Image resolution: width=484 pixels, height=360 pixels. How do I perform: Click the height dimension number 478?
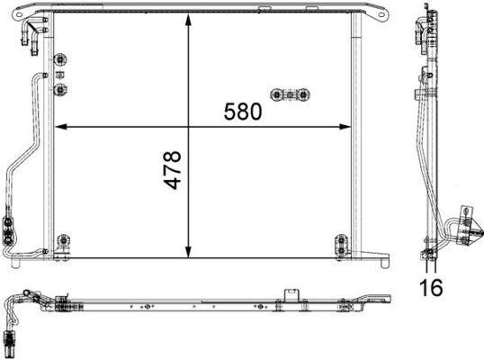click(172, 169)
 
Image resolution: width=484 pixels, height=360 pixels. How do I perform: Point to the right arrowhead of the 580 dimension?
click(347, 125)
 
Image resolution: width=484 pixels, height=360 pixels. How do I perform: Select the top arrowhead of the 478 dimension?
click(188, 21)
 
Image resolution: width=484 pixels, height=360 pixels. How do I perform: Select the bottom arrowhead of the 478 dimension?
click(188, 254)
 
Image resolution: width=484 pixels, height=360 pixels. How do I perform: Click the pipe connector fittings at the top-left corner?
click(27, 34)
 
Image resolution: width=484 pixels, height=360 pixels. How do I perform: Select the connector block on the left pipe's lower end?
click(10, 229)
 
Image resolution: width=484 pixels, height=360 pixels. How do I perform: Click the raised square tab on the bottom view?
click(291, 294)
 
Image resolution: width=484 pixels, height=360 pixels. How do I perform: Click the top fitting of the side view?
click(419, 29)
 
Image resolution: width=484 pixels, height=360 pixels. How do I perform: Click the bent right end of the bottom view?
click(378, 300)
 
